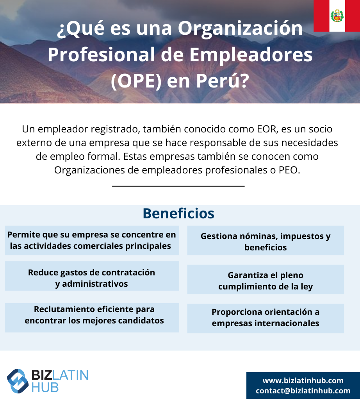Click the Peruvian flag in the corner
click(x=337, y=16)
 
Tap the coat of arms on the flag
click(x=337, y=16)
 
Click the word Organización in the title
click(x=240, y=29)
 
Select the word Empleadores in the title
click(x=251, y=55)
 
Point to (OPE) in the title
click(x=136, y=81)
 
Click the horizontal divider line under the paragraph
click(x=178, y=186)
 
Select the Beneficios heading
click(x=178, y=213)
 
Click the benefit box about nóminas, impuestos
click(x=266, y=240)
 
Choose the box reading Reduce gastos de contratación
click(x=92, y=276)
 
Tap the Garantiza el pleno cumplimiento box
click(x=266, y=280)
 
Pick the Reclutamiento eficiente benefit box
click(x=92, y=318)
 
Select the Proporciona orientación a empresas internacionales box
click(x=266, y=318)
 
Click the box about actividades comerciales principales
click(x=92, y=240)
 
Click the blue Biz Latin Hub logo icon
click(x=18, y=381)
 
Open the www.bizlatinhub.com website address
click(x=303, y=380)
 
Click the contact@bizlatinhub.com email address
click(x=303, y=391)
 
